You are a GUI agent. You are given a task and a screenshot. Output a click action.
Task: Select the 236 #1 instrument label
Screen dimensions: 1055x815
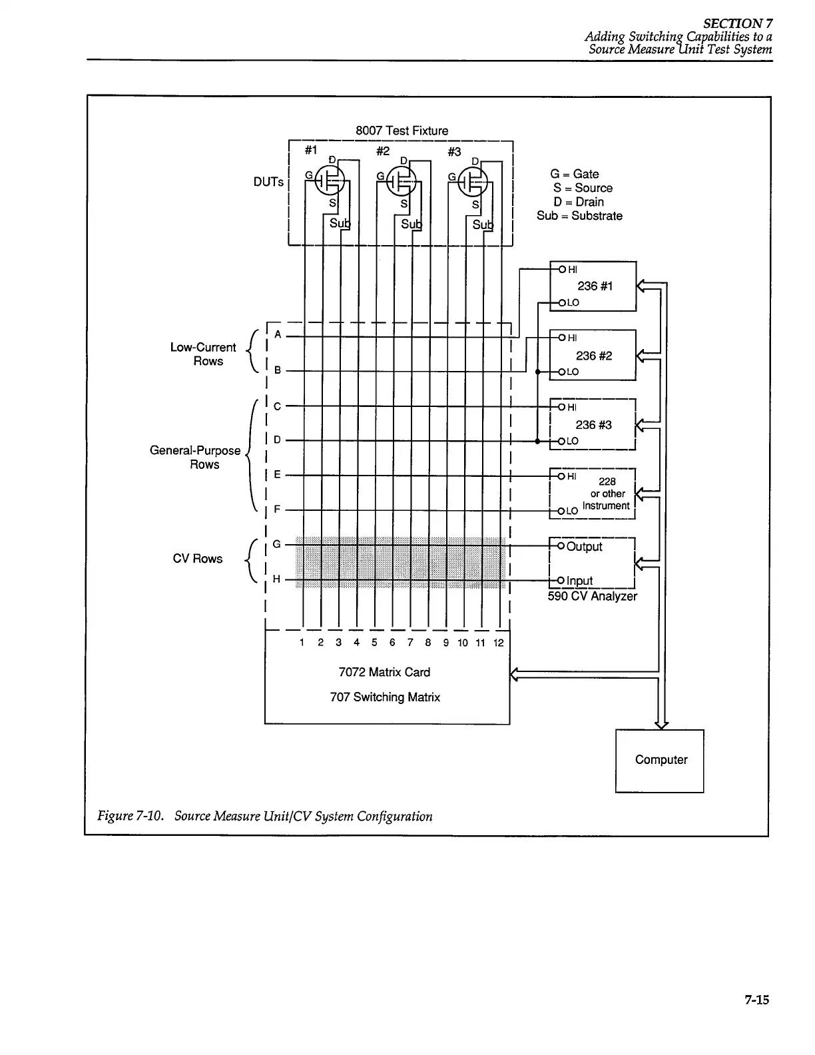595,286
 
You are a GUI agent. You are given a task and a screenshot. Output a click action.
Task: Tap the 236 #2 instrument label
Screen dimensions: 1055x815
594,356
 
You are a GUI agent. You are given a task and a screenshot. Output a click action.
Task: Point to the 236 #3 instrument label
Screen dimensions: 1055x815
594,425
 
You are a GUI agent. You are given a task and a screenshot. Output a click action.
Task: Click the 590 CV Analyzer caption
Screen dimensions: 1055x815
592,596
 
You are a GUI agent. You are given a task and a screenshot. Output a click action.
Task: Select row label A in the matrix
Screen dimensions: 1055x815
278,334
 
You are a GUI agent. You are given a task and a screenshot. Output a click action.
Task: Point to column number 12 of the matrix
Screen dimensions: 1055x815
498,643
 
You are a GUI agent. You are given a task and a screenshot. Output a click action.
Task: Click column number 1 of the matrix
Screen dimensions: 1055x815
302,643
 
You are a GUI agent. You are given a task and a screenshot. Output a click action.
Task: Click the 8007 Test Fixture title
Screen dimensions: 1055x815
402,131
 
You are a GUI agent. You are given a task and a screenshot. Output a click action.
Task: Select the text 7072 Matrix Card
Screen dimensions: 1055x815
384,672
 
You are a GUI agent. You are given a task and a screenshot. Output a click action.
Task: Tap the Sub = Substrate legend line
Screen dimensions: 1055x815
579,216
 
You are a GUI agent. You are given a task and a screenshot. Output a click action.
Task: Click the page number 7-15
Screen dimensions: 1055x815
756,999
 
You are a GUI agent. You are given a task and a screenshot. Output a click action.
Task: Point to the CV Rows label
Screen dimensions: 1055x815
197,559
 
